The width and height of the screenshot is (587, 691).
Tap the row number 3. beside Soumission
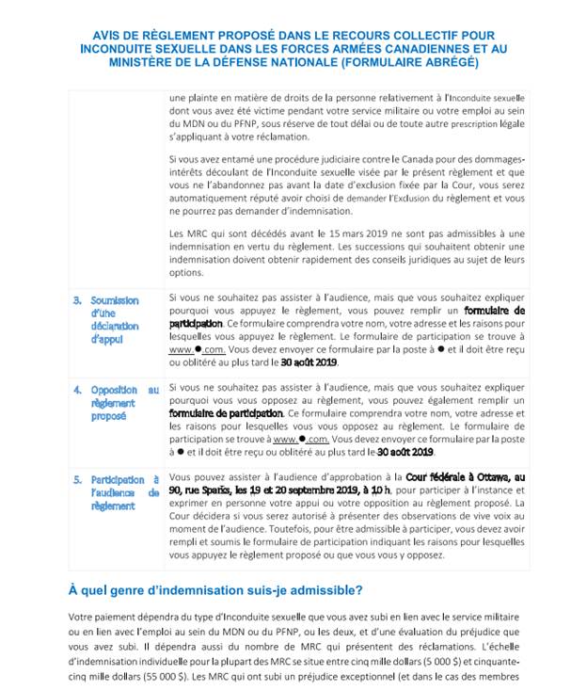77,300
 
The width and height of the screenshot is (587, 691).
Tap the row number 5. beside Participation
77,479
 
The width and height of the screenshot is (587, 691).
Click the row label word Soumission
115,300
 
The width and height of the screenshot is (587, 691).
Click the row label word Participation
118,479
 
